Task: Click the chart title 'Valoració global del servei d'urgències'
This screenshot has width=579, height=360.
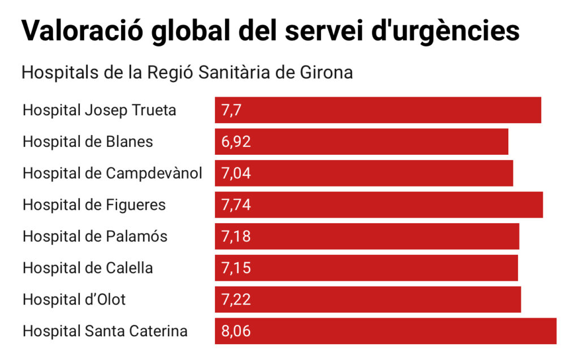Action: pyautogui.click(x=270, y=31)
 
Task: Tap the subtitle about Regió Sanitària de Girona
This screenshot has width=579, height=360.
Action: pyautogui.click(x=187, y=73)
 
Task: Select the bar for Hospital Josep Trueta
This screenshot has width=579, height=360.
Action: pyautogui.click(x=378, y=110)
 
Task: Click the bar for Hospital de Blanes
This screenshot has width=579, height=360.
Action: pyautogui.click(x=361, y=142)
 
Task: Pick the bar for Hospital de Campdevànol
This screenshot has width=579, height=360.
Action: pyautogui.click(x=364, y=174)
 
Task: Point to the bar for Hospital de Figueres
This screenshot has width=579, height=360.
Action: pyautogui.click(x=379, y=205)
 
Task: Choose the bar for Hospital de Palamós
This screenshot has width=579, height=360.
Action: pyautogui.click(x=367, y=237)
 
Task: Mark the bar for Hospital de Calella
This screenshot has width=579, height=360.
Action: pyautogui.click(x=366, y=268)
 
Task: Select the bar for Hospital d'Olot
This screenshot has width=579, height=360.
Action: pyautogui.click(x=368, y=300)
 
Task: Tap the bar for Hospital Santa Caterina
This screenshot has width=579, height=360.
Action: pyautogui.click(x=386, y=332)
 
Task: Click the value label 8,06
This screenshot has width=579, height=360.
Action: pyautogui.click(x=236, y=332)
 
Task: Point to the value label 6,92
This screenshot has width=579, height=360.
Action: pyautogui.click(x=236, y=142)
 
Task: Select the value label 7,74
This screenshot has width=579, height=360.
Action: pyautogui.click(x=236, y=205)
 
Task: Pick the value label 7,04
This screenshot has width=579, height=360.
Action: pyautogui.click(x=236, y=174)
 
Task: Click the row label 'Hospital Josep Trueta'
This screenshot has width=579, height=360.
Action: pyautogui.click(x=99, y=110)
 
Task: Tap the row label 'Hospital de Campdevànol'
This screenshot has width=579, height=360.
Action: pyautogui.click(x=112, y=174)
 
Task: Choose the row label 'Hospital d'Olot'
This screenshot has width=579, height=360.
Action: pyautogui.click(x=74, y=300)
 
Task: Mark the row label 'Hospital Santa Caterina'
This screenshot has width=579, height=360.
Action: pyautogui.click(x=105, y=331)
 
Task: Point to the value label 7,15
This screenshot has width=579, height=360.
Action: pyautogui.click(x=236, y=268)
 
